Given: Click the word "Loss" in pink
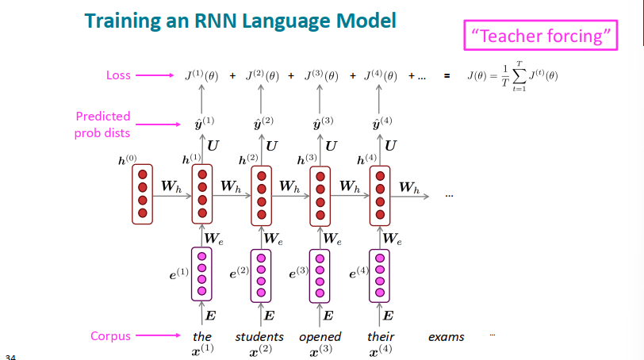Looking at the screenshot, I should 118,75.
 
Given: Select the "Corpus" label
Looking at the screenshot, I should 111,336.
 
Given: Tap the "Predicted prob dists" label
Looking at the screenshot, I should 103,124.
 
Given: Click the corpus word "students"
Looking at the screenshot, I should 259,337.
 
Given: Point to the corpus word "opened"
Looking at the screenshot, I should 320,337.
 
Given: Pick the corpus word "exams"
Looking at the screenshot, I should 446,337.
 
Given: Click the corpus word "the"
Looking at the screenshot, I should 202,337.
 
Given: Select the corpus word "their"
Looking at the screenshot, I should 381,337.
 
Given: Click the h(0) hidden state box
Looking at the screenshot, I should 143,193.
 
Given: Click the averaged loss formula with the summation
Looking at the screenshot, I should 512,77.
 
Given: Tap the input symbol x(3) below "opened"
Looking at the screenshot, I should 320,350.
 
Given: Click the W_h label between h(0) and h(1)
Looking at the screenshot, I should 171,187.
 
